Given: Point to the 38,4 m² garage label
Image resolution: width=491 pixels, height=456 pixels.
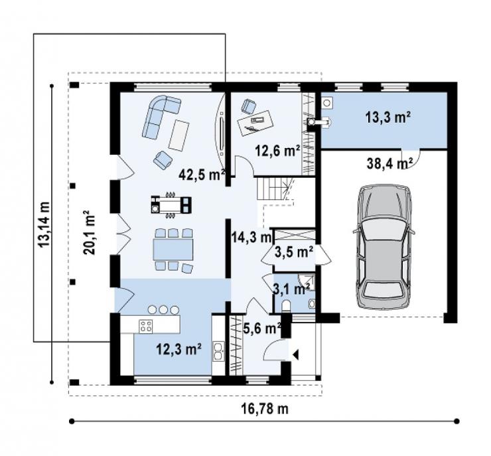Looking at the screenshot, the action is click(390, 163).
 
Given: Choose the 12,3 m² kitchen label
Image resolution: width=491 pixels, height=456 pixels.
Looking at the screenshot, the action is click(178, 349).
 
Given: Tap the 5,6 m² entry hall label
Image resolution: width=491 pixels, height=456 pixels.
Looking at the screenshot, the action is click(262, 328).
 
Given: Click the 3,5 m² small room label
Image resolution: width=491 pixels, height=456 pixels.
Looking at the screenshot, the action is click(294, 252).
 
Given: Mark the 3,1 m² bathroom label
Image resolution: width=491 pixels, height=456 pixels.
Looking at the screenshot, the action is click(292, 289).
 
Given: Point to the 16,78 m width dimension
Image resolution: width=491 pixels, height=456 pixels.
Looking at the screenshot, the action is click(264, 408).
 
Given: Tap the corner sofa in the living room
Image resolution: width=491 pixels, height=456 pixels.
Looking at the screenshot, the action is click(161, 117).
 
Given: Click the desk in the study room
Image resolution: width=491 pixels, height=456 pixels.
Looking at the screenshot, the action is click(255, 122).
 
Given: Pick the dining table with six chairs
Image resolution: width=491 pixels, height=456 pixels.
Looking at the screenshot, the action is click(173, 250).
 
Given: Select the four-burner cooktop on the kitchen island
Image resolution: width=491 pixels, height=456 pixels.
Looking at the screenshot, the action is click(146, 325).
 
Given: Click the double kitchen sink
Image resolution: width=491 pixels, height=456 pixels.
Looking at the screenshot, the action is click(218, 351).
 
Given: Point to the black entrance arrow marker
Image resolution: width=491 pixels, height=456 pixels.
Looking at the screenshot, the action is click(296, 355).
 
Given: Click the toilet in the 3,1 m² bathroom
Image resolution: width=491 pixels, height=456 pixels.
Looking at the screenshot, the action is click(286, 306).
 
